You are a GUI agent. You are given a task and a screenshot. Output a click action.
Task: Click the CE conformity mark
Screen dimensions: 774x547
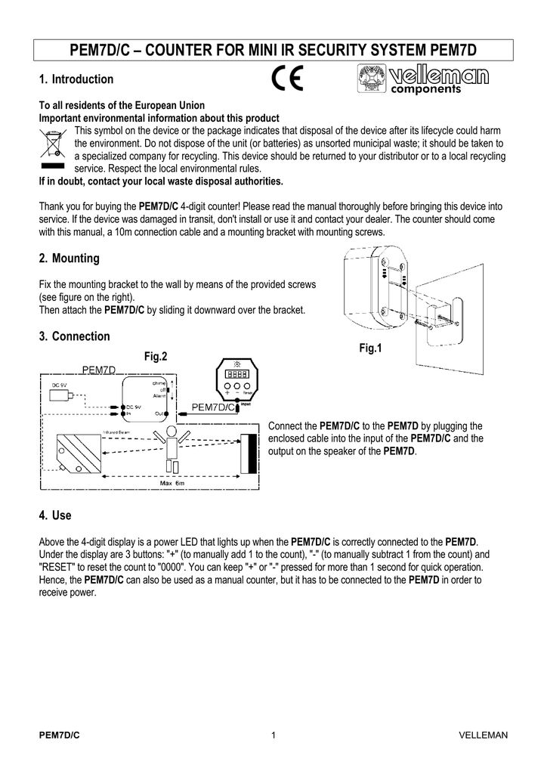288,79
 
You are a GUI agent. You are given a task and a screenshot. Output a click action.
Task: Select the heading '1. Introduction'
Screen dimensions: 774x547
76,79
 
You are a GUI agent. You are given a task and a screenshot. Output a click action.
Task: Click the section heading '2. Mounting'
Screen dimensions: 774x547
69,259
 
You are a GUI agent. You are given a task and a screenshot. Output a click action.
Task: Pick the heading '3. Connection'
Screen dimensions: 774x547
74,336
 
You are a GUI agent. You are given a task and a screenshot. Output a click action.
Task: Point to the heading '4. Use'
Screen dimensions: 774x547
54,515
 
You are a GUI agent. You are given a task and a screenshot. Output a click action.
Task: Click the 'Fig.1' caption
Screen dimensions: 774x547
371,348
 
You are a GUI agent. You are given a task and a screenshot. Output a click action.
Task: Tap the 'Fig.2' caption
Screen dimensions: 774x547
155,356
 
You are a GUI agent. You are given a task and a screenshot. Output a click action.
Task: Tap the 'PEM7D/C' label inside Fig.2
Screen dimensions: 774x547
213,407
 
